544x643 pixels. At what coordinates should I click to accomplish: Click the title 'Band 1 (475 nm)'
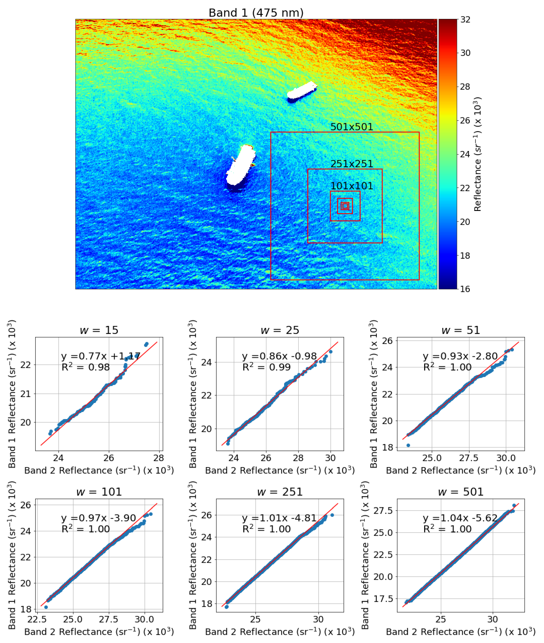[x=256, y=13]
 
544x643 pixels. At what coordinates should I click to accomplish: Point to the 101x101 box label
[x=352, y=186]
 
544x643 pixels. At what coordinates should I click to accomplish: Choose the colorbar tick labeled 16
[x=465, y=289]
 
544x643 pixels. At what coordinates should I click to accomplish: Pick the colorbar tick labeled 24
[x=465, y=154]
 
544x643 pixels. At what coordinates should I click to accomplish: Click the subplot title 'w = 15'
[x=99, y=330]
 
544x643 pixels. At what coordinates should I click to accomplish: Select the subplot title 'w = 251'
[x=280, y=492]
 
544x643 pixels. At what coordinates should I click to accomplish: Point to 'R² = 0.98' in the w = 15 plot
[x=85, y=367]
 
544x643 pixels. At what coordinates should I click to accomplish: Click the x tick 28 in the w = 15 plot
[x=158, y=458]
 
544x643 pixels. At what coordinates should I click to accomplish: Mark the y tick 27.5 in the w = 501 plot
[x=384, y=510]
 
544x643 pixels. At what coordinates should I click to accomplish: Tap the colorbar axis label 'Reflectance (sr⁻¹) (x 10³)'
[x=477, y=154]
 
